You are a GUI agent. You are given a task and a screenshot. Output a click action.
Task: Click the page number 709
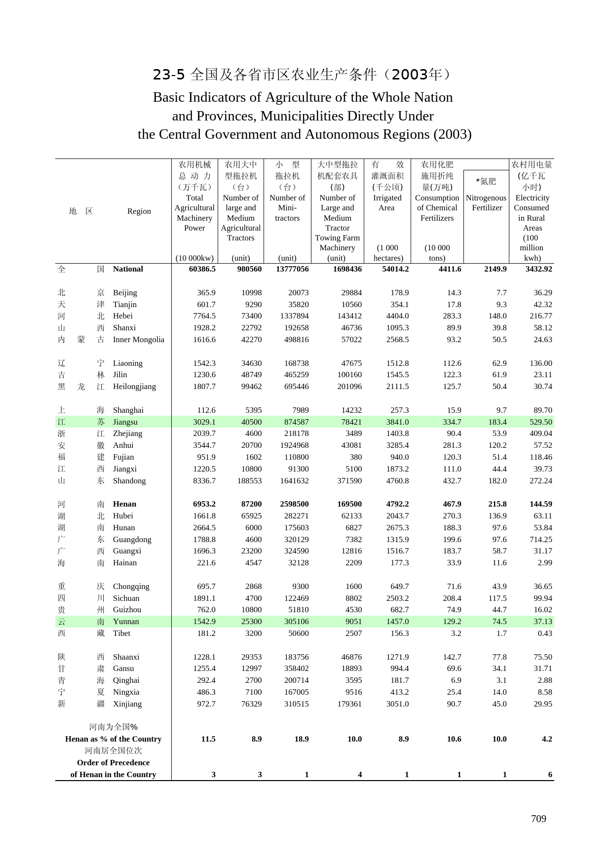coord(538,819)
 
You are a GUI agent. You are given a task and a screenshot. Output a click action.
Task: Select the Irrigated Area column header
coord(387,203)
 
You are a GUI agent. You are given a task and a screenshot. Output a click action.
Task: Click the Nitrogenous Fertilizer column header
coord(486,203)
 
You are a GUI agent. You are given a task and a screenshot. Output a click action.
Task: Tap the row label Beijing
coord(125,293)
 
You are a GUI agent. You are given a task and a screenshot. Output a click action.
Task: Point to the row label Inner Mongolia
coord(138,340)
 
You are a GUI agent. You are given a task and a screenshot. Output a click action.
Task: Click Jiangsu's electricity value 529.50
coord(540,422)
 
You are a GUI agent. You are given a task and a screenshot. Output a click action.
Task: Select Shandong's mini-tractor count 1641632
coord(294,481)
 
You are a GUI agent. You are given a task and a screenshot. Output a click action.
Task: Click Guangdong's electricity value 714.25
coord(540,540)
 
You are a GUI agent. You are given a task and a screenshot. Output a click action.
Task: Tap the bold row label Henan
coord(124,504)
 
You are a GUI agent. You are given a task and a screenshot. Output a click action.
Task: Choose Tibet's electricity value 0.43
coord(545,633)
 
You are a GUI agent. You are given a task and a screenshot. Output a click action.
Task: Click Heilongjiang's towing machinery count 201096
coord(349,387)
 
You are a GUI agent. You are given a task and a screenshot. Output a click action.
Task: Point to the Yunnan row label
coord(126,622)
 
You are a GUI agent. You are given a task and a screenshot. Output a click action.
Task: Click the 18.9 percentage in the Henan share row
coord(301,739)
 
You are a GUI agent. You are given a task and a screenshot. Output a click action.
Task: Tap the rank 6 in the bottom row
coord(550,775)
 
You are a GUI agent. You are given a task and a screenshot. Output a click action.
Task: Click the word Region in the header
coord(139,211)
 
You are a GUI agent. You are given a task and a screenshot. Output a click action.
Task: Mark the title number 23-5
coord(169,75)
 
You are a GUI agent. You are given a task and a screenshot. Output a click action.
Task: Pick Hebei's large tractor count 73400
coord(251,316)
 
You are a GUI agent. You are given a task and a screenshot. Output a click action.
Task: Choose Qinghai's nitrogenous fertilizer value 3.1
coord(501,680)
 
